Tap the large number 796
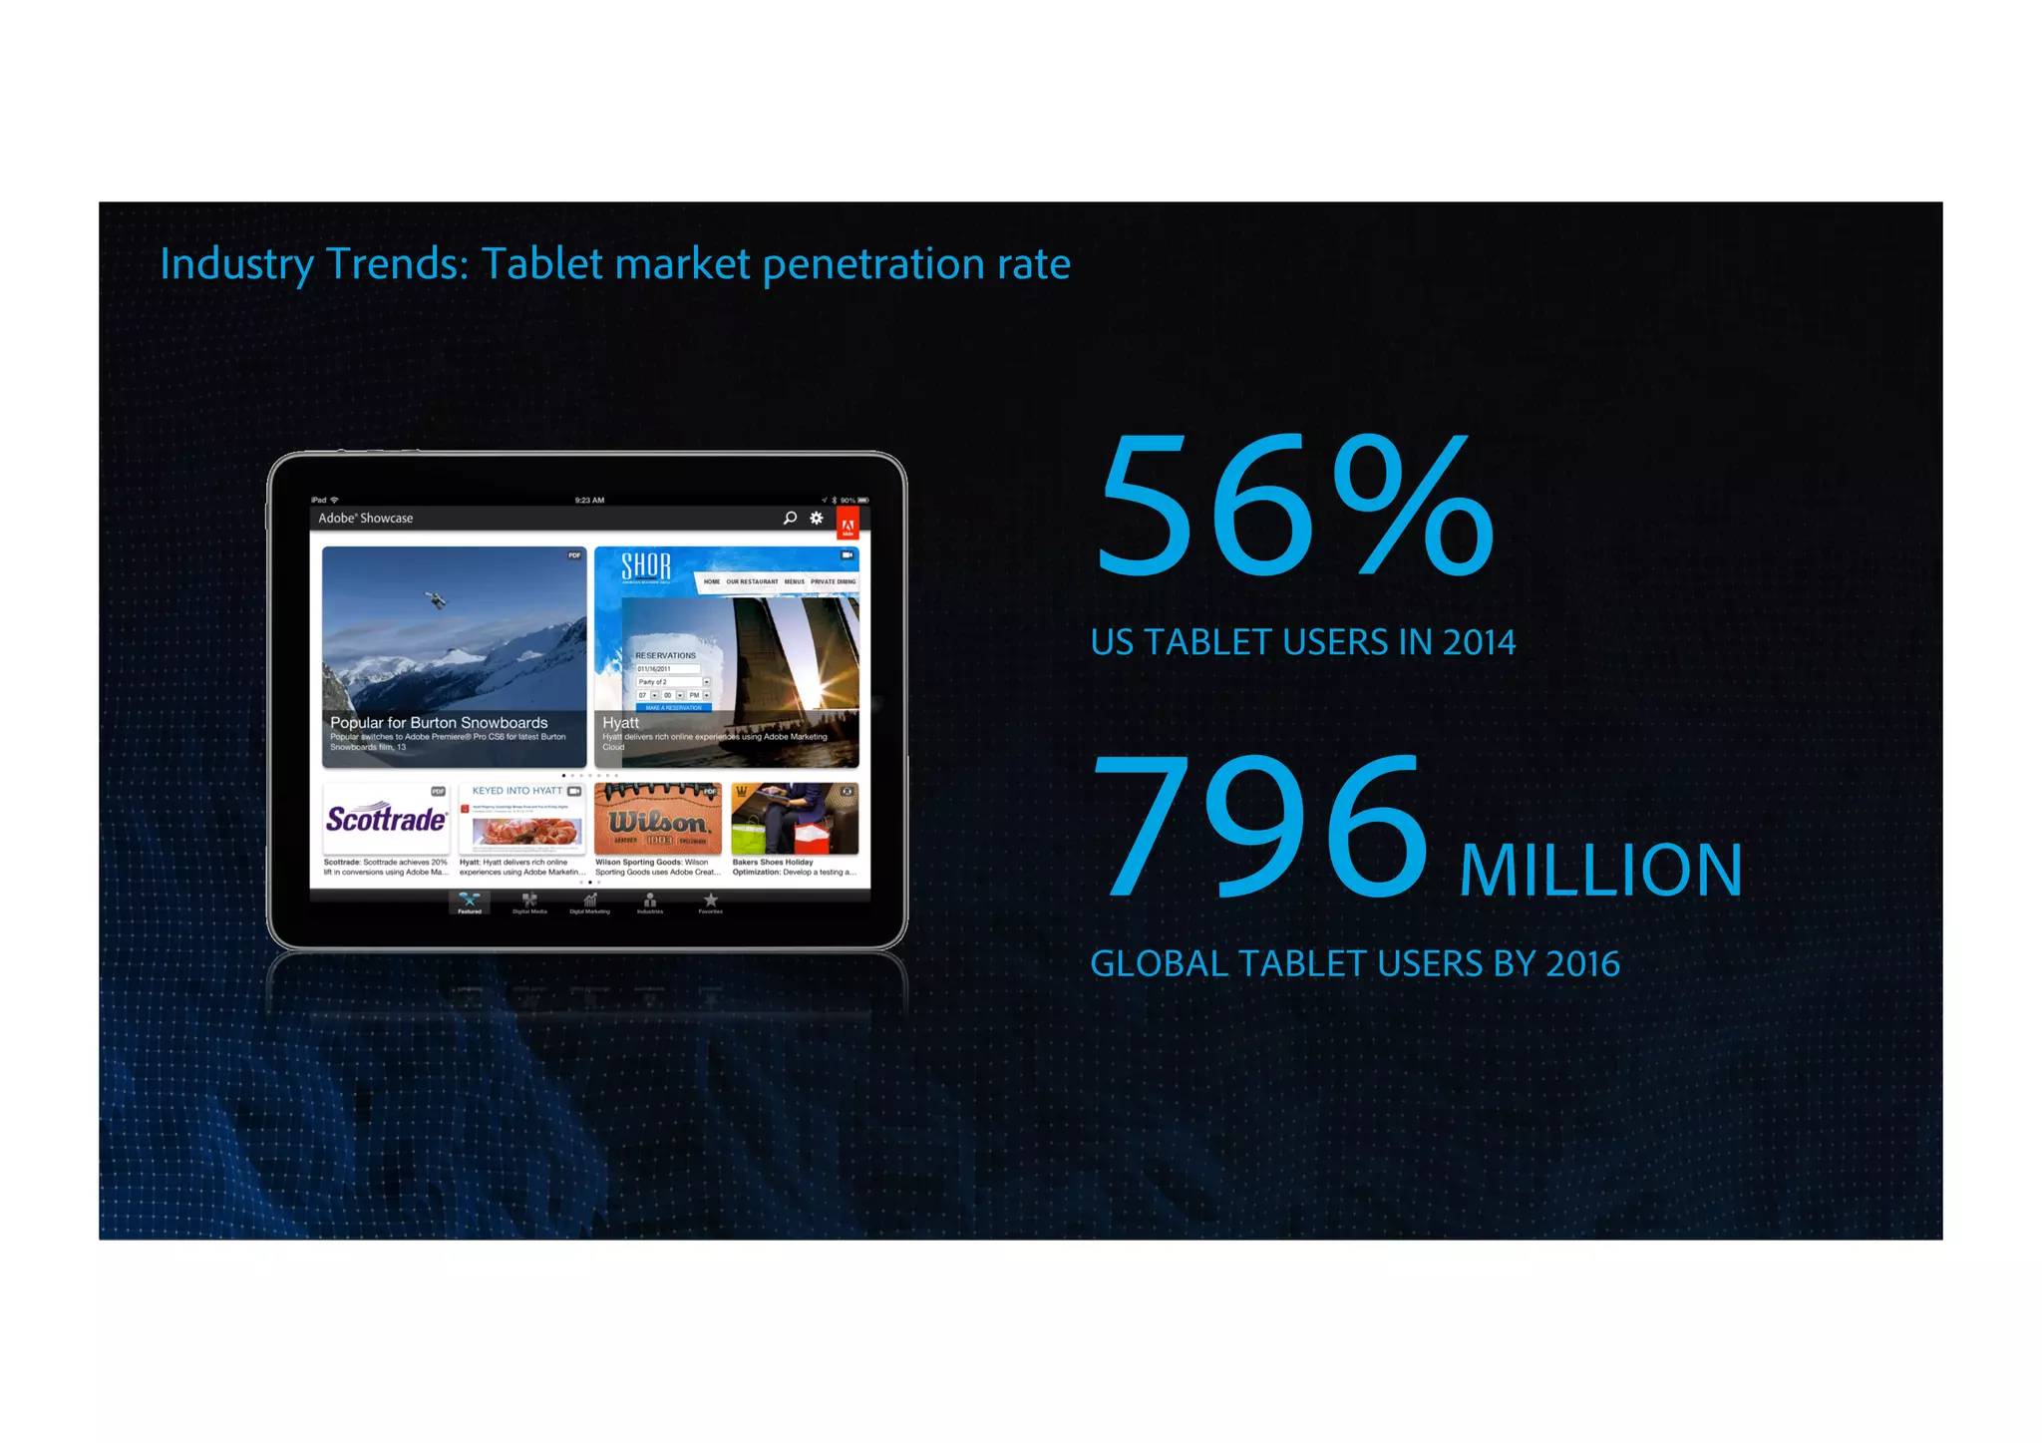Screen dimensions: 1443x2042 pyautogui.click(x=1262, y=827)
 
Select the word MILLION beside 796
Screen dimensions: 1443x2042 pyautogui.click(x=1600, y=871)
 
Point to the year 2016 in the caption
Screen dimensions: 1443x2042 pyautogui.click(x=1582, y=964)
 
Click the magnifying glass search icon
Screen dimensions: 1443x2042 pyautogui.click(x=790, y=518)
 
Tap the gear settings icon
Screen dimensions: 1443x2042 pyautogui.click(x=817, y=518)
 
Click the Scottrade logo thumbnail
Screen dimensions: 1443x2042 pyautogui.click(x=386, y=820)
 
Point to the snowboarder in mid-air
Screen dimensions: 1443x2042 pyautogui.click(x=436, y=599)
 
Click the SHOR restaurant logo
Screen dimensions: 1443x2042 pyautogui.click(x=646, y=567)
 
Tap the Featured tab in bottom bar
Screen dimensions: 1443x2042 pyautogui.click(x=470, y=903)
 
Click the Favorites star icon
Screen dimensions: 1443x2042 pyautogui.click(x=710, y=902)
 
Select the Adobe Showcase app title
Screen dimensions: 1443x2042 pyautogui.click(x=365, y=519)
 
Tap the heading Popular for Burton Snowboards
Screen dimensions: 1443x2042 pyautogui.click(x=439, y=723)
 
